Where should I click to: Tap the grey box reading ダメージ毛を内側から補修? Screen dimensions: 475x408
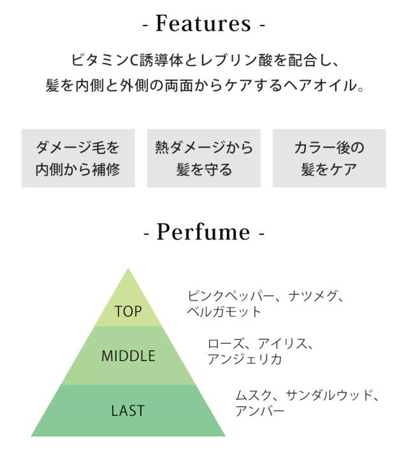click(x=78, y=159)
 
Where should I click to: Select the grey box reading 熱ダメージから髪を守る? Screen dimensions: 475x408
click(x=204, y=159)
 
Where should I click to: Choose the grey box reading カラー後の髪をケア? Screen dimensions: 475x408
click(x=329, y=159)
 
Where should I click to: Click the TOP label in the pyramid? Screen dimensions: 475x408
click(x=128, y=311)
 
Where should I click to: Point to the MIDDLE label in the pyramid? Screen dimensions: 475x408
click(x=128, y=356)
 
